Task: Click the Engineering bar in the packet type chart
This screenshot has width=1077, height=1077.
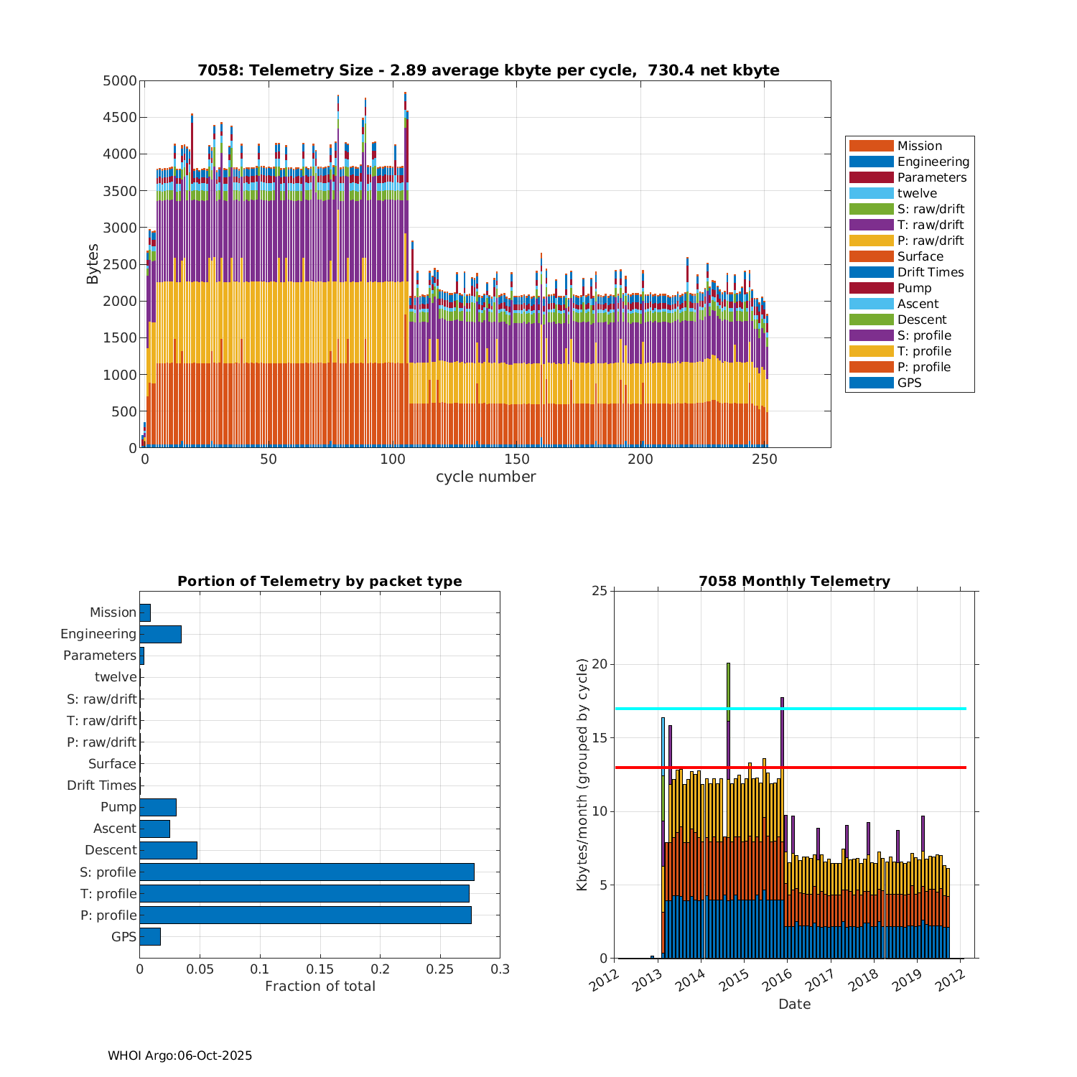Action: tap(160, 634)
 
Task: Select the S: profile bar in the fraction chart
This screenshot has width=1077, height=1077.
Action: tap(307, 872)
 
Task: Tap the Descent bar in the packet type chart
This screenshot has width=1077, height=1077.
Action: tap(168, 850)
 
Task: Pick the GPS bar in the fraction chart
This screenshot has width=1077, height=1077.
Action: tap(150, 936)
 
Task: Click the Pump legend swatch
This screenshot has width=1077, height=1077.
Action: tap(871, 288)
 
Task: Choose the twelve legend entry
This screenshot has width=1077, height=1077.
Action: tap(917, 193)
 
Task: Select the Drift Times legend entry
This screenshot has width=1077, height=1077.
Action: tap(930, 272)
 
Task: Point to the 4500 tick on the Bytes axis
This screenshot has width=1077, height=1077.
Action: tap(119, 118)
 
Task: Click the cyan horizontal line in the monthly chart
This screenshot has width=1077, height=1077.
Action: tap(862, 709)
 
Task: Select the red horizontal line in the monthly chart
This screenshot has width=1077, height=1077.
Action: tap(862, 768)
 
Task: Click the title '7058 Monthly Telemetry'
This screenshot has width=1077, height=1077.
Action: tap(794, 581)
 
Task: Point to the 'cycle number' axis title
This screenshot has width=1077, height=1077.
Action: tap(485, 477)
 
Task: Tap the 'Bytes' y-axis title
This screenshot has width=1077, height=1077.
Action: tap(93, 264)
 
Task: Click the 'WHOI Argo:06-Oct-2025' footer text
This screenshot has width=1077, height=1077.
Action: tap(179, 1055)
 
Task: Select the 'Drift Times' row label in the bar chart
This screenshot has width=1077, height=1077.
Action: tap(101, 785)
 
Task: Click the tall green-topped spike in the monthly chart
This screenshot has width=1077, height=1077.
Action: tap(728, 689)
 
